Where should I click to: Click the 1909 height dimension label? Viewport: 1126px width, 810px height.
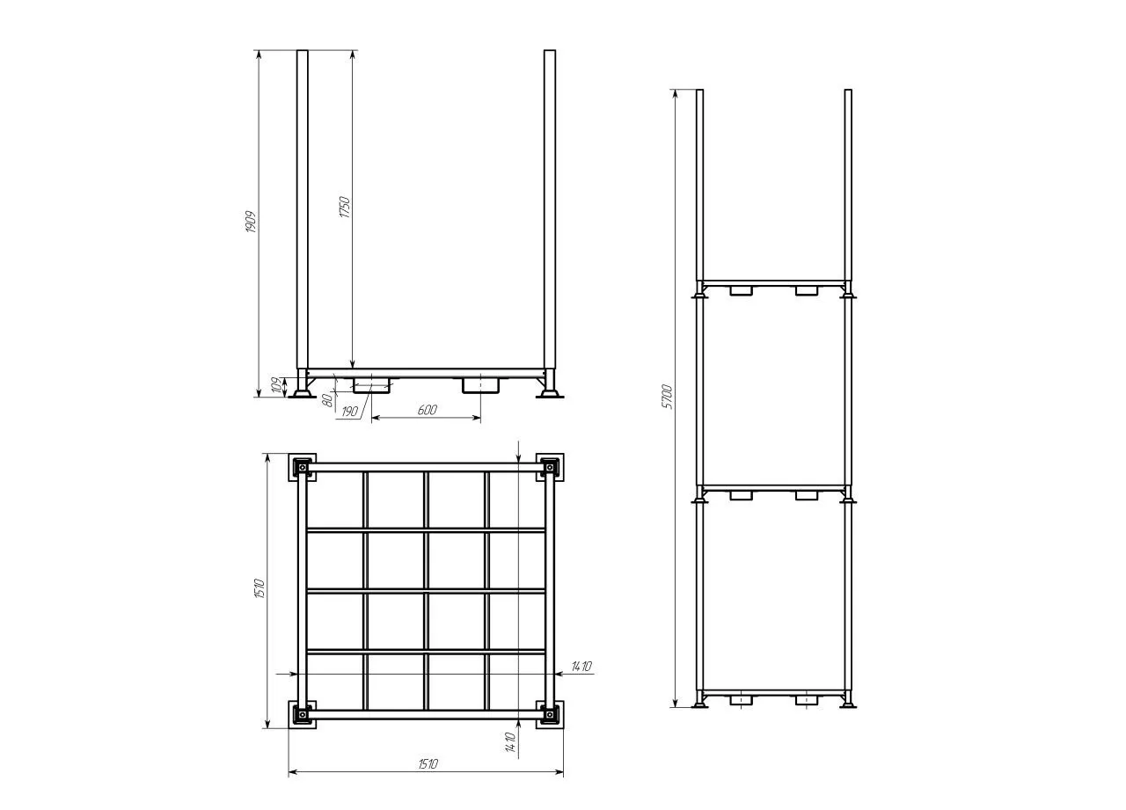coord(251,222)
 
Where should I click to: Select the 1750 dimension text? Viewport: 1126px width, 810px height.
coord(345,207)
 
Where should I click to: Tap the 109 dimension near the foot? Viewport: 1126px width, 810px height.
coord(276,386)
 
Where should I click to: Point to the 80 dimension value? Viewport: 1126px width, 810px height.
coord(327,400)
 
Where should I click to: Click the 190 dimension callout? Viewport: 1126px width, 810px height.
coord(349,412)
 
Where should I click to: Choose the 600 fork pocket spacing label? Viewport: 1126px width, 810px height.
coord(428,410)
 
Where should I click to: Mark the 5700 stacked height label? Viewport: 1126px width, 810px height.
coord(667,397)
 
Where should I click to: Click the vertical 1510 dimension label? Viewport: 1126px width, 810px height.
coord(260,588)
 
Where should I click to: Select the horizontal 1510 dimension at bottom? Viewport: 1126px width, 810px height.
coord(428,763)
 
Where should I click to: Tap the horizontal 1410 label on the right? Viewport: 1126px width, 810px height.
coord(581,667)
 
